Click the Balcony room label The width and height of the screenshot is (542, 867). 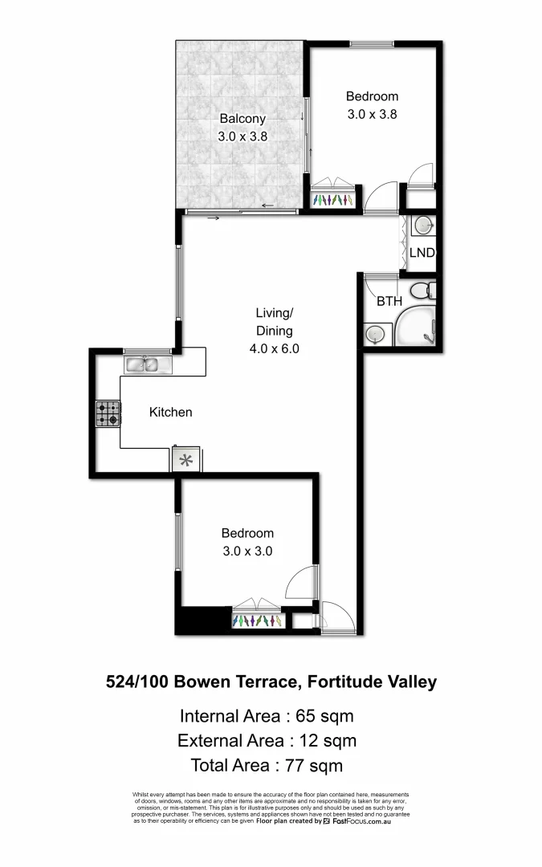click(242, 119)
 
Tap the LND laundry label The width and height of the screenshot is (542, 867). click(422, 252)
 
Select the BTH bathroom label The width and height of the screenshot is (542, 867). click(389, 301)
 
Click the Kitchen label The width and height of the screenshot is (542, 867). click(171, 412)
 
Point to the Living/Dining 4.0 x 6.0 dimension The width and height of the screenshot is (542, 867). click(274, 349)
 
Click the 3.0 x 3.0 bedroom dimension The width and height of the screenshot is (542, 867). click(247, 551)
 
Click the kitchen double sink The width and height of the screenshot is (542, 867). click(148, 365)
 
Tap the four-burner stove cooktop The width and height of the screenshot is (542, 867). click(108, 413)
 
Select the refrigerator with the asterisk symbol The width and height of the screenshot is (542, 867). click(185, 460)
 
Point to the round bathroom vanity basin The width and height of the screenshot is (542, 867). click(373, 332)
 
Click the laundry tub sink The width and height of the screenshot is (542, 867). click(423, 226)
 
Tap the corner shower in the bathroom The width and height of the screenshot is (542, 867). click(416, 328)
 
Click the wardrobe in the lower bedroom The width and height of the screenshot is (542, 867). click(257, 621)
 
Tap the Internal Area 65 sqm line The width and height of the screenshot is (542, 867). click(267, 716)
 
